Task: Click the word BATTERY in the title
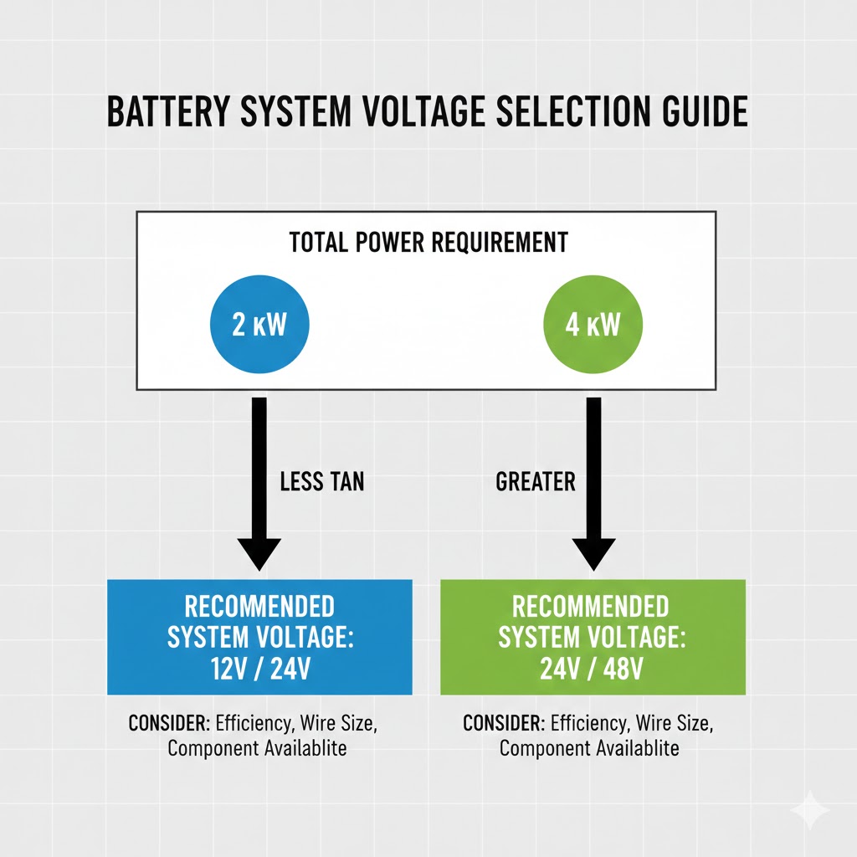[x=168, y=111]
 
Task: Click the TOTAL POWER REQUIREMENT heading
[x=428, y=242]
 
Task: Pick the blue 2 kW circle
[x=259, y=324]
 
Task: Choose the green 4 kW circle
[x=593, y=324]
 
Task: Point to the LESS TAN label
[x=322, y=481]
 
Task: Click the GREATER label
[x=536, y=481]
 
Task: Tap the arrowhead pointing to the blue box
[x=259, y=554]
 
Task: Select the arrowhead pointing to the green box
[x=593, y=554]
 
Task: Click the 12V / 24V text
[x=261, y=669]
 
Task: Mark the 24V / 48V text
[x=592, y=669]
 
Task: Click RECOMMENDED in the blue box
[x=259, y=606]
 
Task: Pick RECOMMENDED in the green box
[x=591, y=606]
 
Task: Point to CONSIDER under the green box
[x=504, y=723]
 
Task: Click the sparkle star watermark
[x=810, y=810]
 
